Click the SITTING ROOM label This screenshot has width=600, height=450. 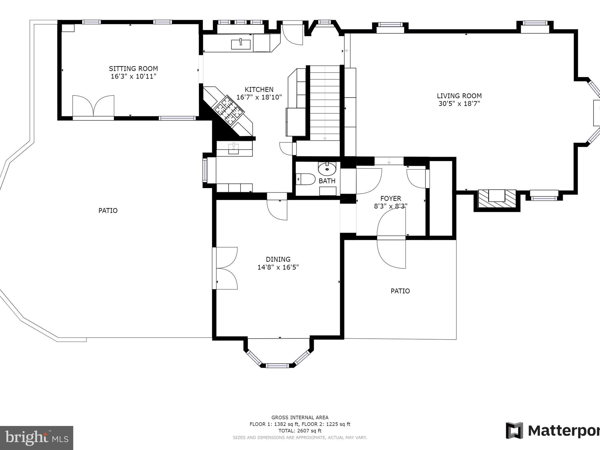click(133, 69)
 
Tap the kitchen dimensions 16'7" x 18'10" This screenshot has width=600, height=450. click(259, 97)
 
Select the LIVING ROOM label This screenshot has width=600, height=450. click(459, 96)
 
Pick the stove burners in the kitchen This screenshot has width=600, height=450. click(229, 110)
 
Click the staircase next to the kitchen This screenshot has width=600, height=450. click(325, 103)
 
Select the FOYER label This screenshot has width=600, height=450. click(391, 198)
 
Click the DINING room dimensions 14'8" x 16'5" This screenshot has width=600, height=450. click(278, 267)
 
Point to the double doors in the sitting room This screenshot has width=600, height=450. click(93, 106)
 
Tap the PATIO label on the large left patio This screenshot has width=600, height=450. click(108, 210)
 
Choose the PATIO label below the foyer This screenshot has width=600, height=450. click(400, 291)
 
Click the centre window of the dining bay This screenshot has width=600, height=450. click(277, 365)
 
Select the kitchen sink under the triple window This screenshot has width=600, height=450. click(241, 45)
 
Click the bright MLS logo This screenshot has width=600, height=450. click(37, 438)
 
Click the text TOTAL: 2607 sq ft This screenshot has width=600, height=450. click(300, 431)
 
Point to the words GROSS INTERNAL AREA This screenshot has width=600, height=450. click(300, 417)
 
